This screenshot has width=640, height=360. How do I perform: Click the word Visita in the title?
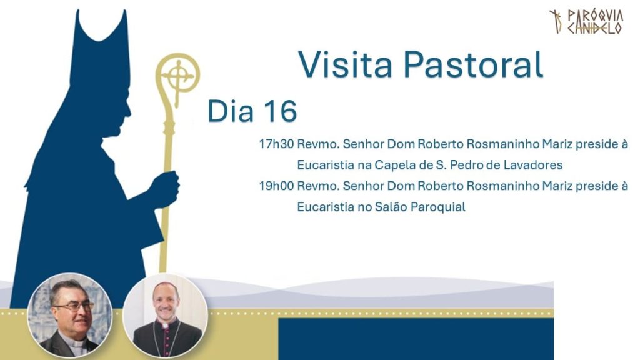tap(345, 64)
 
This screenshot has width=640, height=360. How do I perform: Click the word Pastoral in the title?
tap(474, 64)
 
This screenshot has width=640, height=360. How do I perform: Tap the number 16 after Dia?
tap(280, 111)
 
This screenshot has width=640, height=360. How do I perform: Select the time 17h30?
tap(276, 144)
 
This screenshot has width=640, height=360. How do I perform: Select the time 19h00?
tap(276, 186)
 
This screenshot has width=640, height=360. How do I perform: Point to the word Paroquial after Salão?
tap(438, 207)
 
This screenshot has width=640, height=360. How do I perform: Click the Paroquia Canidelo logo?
tap(586, 22)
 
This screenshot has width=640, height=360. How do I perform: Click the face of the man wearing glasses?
tap(73, 309)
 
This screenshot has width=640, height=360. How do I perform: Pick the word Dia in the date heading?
tap(230, 111)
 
